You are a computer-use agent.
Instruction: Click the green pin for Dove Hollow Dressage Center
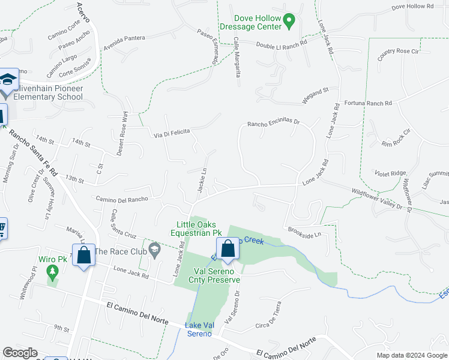288,21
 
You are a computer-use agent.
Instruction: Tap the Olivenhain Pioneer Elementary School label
47,92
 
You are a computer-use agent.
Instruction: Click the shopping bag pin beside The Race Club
84,255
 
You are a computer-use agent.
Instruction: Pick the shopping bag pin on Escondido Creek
228,248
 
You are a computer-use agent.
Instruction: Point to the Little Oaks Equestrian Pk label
196,229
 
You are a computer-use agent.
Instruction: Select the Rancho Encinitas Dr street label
274,122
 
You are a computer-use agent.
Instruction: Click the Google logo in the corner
20,353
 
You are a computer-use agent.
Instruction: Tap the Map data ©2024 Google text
411,355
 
